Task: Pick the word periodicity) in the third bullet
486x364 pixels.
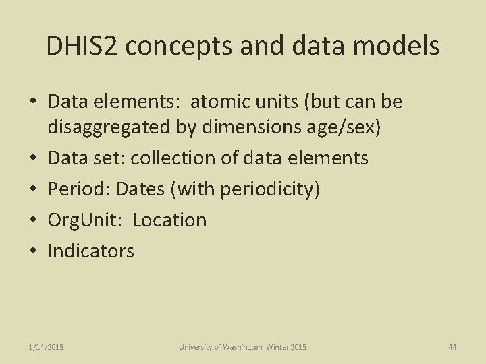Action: tap(271, 189)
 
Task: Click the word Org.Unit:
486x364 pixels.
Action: tap(87, 220)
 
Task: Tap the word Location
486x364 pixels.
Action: tap(169, 220)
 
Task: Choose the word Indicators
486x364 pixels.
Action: tap(91, 251)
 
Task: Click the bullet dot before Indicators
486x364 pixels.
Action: tap(32, 251)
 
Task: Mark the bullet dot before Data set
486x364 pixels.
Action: tap(32, 158)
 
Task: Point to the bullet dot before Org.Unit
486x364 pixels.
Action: tap(32, 220)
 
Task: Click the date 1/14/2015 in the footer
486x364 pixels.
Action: tap(47, 347)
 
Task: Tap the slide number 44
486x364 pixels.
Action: tap(452, 347)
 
